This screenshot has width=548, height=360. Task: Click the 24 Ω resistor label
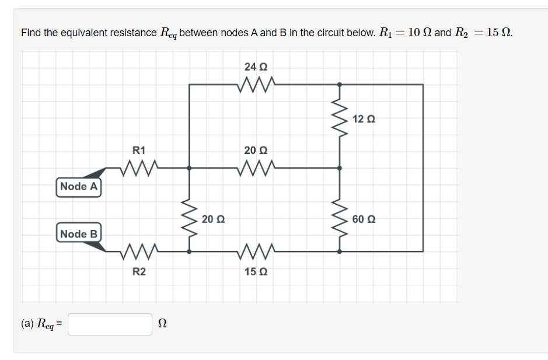point(256,66)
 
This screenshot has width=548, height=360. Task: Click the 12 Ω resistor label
point(364,119)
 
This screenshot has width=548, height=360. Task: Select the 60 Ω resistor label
point(364,219)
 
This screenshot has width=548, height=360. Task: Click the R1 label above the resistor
point(139,150)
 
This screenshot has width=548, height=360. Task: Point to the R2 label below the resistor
point(139,271)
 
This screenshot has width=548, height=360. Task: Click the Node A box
point(79,187)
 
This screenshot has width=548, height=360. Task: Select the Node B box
point(79,233)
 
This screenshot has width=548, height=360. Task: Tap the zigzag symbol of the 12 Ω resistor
point(340,118)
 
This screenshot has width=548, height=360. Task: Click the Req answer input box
point(110,324)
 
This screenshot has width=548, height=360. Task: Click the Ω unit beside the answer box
point(163,324)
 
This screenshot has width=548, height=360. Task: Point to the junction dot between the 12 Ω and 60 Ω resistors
point(340,168)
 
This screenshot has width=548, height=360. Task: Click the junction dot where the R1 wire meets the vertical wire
point(189,168)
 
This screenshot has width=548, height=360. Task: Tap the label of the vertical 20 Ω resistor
point(212,219)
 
